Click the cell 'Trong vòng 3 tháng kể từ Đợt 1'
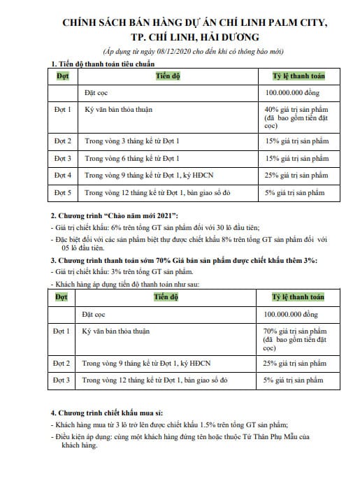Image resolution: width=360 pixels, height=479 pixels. (130, 141)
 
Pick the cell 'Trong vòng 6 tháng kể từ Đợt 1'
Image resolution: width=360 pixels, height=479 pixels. (130, 158)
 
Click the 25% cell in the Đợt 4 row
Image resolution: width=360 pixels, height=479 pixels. (296, 175)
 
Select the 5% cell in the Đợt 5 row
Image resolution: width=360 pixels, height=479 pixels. (295, 192)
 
